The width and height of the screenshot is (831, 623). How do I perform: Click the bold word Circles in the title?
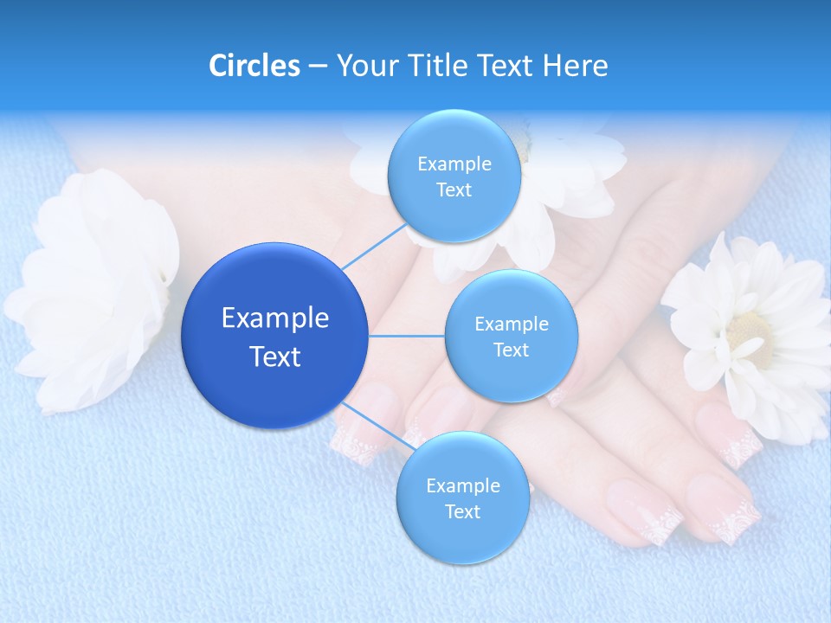[254, 66]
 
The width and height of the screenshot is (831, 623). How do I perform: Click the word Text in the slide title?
[509, 66]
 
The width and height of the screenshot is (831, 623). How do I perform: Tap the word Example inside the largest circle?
[275, 318]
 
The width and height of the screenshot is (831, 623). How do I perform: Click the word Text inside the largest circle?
[275, 356]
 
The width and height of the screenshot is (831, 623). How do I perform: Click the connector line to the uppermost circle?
[373, 247]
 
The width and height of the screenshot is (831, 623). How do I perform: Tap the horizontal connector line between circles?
[407, 336]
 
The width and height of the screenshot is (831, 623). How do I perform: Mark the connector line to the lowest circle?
[377, 428]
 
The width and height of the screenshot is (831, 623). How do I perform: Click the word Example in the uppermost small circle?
[454, 164]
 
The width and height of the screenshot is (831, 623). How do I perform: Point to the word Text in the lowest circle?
[462, 511]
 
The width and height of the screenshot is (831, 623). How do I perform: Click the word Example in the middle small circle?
[511, 324]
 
